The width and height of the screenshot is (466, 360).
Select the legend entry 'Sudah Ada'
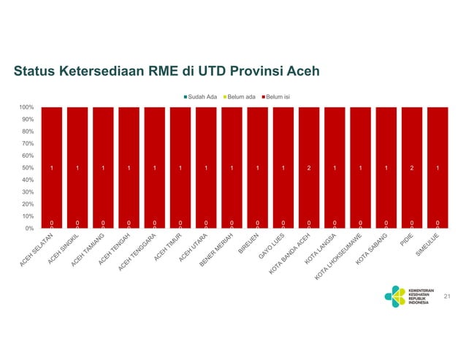202,96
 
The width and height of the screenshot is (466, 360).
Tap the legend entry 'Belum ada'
240,96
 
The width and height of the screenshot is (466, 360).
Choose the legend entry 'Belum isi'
277,96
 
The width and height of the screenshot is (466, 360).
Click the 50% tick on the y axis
27,168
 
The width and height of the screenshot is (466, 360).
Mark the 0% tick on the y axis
28,229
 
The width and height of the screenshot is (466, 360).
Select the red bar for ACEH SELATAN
52,146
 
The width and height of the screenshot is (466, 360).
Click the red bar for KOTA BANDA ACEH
309,146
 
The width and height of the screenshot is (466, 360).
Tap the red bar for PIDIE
412,146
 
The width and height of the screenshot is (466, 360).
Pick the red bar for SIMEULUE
438,146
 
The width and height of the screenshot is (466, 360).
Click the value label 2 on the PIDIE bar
412,168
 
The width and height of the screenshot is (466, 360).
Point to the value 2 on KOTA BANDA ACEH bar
309,168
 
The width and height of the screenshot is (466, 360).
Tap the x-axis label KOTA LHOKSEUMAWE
338,256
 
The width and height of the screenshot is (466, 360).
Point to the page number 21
447,296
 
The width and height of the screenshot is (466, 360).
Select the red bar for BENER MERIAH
232,146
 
